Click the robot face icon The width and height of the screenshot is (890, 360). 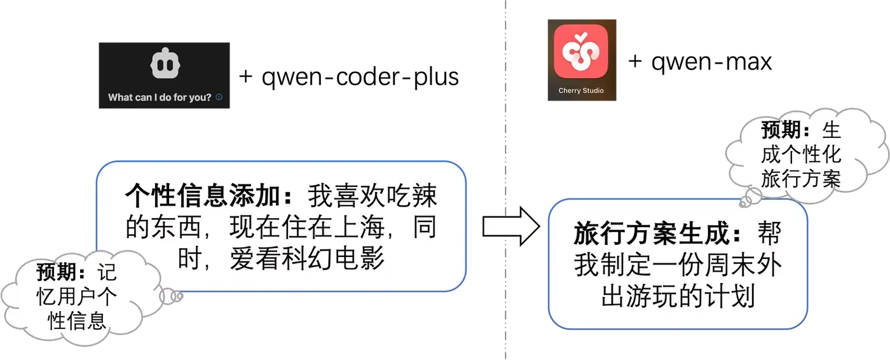pos(165,64)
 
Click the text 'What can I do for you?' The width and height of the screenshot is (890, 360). pos(160,97)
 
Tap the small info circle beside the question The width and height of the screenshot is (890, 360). pos(219,97)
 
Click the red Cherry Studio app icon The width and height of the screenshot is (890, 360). pos(580,50)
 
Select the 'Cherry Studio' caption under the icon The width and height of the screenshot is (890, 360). pos(581,91)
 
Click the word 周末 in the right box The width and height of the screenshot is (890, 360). pos(723,266)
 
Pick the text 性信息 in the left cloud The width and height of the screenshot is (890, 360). pos(77,321)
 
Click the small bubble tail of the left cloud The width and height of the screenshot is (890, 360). pos(171,296)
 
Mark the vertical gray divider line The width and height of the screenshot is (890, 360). pos(507,127)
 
